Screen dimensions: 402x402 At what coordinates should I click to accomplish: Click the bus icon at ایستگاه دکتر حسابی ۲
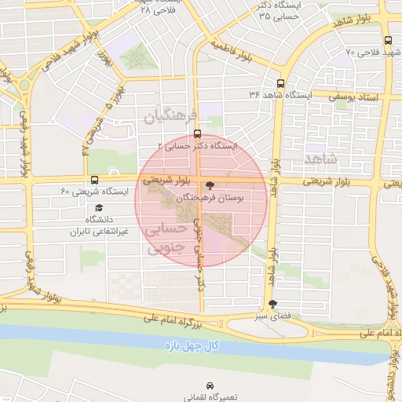[x=196, y=133]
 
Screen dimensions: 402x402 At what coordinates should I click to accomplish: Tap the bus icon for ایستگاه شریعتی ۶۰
[x=95, y=179]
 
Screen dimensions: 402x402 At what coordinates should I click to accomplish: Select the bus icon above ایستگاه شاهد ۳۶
[x=280, y=82]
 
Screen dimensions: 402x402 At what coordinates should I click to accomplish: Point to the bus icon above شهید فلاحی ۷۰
[x=388, y=41]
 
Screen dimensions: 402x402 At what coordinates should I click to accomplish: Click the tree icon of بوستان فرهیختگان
[x=210, y=186]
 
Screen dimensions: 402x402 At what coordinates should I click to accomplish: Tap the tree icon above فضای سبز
[x=272, y=303]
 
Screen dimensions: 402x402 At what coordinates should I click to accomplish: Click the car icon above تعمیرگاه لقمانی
[x=210, y=386]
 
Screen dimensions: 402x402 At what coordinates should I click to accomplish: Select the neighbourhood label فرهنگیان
[x=167, y=118]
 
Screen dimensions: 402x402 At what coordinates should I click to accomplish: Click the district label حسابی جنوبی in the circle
[x=167, y=238]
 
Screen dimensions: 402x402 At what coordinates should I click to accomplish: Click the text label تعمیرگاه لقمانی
[x=210, y=398]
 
